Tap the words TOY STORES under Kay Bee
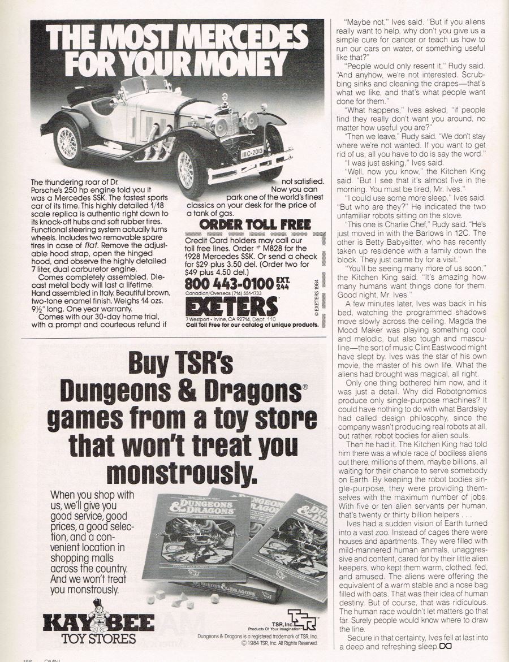(x=100, y=639)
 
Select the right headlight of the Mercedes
(x=249, y=121)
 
